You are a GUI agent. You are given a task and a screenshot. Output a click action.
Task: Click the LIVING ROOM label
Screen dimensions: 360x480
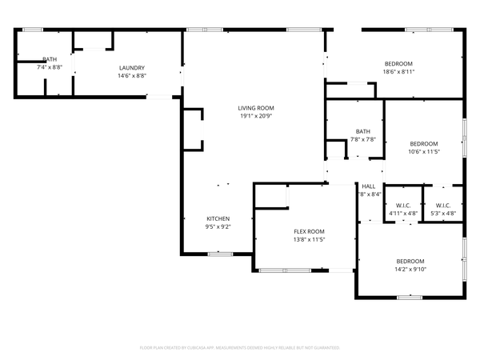pos(256,108)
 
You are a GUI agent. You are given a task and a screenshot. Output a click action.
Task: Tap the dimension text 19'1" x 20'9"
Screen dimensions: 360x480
pos(256,116)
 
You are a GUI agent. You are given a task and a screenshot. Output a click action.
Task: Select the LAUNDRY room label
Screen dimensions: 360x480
pos(132,67)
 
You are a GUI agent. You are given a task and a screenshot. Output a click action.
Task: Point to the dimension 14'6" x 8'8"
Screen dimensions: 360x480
pos(132,75)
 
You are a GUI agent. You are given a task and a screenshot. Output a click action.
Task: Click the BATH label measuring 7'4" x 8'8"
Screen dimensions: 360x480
pos(50,59)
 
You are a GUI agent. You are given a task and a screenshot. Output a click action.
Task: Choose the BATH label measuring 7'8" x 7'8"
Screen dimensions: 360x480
pos(363,131)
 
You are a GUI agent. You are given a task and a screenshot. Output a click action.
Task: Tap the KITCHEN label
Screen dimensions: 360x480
pos(218,218)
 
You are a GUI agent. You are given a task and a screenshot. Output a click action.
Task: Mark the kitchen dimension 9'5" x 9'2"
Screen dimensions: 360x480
pos(218,226)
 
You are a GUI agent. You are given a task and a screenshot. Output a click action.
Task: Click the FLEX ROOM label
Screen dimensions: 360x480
pos(309,231)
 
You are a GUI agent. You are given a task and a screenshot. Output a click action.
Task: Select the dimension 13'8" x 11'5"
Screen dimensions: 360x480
pos(309,239)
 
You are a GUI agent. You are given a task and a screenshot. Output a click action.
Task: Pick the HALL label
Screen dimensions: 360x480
pos(368,186)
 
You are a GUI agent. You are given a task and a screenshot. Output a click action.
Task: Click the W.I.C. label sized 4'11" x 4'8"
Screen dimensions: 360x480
pos(402,205)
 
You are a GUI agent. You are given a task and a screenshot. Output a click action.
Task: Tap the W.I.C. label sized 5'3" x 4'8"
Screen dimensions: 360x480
pos(442,205)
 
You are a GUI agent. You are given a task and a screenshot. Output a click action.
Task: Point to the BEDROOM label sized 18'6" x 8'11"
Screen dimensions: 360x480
pos(398,63)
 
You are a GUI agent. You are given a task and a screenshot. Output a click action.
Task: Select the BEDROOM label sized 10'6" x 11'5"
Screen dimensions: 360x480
pos(424,143)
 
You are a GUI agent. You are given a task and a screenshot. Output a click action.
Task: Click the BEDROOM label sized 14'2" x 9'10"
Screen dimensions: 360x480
pos(410,261)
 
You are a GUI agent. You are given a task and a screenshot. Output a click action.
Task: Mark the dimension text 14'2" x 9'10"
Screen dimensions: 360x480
pos(410,269)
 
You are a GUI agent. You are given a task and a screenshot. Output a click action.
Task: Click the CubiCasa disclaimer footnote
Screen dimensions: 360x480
pos(240,348)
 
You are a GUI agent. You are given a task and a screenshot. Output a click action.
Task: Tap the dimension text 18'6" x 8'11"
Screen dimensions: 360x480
pos(398,71)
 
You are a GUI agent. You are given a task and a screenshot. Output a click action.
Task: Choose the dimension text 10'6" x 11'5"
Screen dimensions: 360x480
pos(424,151)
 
